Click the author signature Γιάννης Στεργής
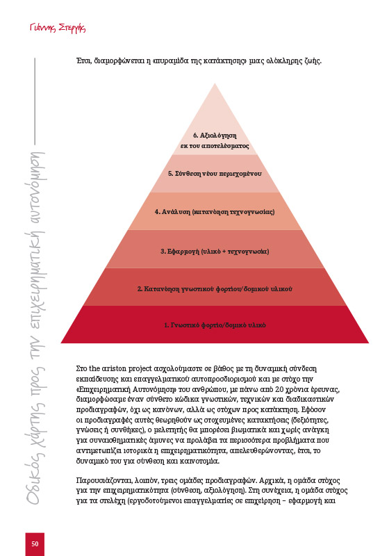pyautogui.click(x=58, y=28)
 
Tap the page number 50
pyautogui.click(x=35, y=543)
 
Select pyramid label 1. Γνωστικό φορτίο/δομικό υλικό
pyautogui.click(x=215, y=325)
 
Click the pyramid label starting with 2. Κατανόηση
pyautogui.click(x=215, y=289)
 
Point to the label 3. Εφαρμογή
pyautogui.click(x=215, y=252)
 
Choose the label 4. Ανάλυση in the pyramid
pyautogui.click(x=215, y=212)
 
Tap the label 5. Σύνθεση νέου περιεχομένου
pyautogui.click(x=215, y=174)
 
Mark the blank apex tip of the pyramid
pyautogui.click(x=215, y=84)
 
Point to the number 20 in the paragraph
pyautogui.click(x=279, y=389)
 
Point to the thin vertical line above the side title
pyautogui.click(x=35, y=101)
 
